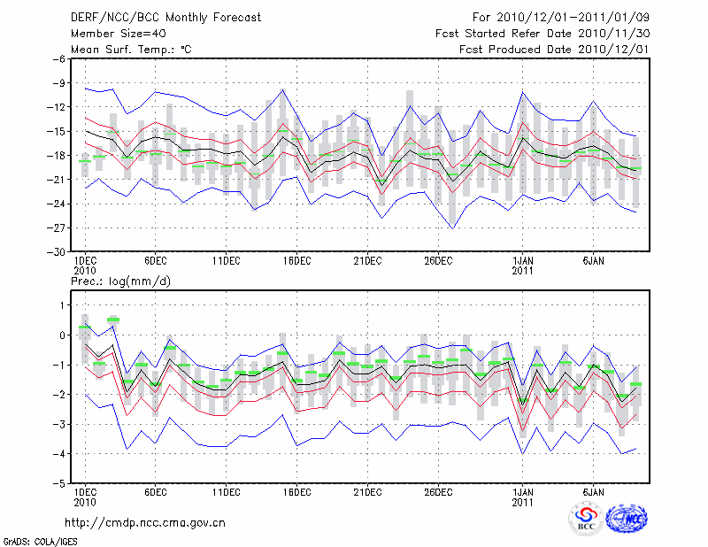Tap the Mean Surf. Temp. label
(130, 50)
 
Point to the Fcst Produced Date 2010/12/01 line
(555, 50)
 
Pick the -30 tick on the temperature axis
(55, 252)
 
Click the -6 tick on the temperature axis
(58, 59)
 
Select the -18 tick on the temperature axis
(55, 156)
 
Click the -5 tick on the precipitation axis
(58, 484)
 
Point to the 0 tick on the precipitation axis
(61, 335)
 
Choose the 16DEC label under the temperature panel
(296, 261)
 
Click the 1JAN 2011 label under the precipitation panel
(522, 497)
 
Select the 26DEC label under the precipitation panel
(438, 492)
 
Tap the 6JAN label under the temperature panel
(593, 261)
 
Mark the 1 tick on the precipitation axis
(61, 305)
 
